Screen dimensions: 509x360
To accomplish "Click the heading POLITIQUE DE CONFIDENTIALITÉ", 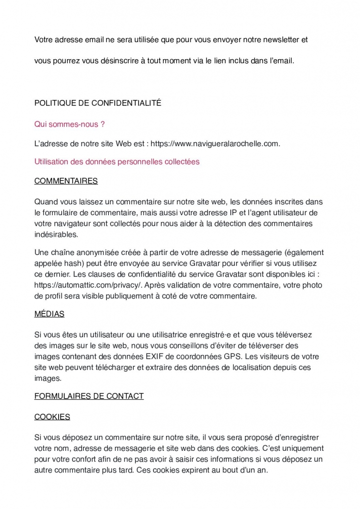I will [x=97, y=103].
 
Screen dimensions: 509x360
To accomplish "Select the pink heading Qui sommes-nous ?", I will [x=69, y=124].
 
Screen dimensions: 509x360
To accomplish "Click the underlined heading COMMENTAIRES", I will [x=66, y=181].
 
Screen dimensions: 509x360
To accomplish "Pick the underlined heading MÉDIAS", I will [x=49, y=314].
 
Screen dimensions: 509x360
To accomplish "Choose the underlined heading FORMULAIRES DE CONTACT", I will [x=89, y=396].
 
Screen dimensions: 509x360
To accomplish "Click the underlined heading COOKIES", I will [x=52, y=417].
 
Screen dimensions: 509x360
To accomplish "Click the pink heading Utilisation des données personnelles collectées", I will [x=117, y=162].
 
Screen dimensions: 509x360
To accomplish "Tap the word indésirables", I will [x=56, y=234].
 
